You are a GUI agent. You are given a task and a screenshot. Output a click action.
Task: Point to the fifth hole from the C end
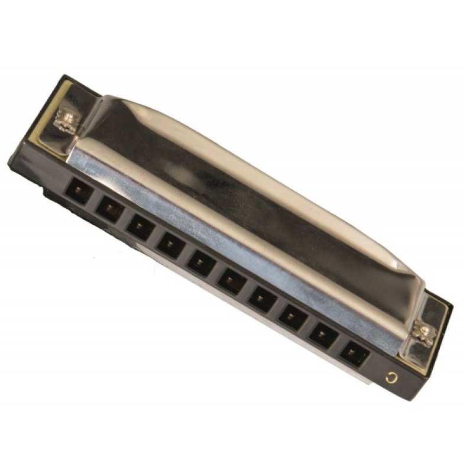(x=232, y=279)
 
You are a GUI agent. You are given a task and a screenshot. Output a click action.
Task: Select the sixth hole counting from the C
(x=202, y=261)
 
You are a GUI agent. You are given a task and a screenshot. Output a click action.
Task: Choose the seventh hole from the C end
(x=171, y=243)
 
